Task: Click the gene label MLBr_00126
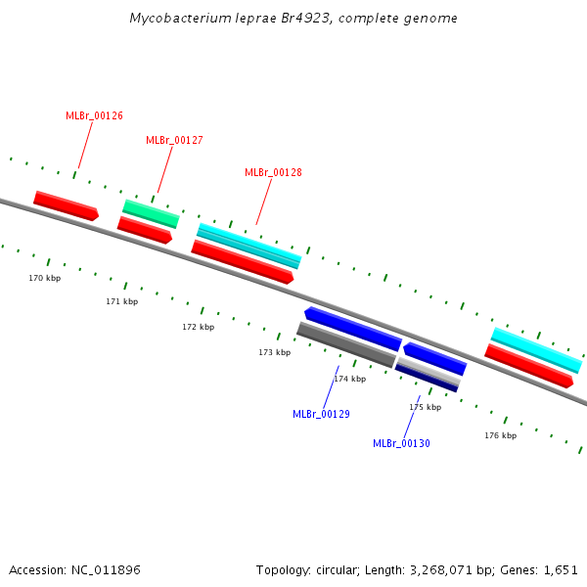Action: click(94, 115)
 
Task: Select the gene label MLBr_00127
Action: click(174, 140)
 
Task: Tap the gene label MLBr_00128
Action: click(273, 172)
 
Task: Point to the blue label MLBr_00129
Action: click(321, 414)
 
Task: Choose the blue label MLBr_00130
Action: click(401, 443)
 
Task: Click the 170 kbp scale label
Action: click(44, 279)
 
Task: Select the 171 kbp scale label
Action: click(122, 301)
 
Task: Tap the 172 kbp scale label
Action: click(198, 327)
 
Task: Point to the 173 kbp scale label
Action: click(275, 352)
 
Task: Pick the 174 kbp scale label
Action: click(350, 379)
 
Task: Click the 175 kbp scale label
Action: click(425, 407)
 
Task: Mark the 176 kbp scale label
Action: click(500, 435)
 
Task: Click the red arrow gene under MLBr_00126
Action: click(66, 205)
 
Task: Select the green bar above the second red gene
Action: click(151, 213)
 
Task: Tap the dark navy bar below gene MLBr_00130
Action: click(428, 380)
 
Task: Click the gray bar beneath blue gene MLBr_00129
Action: click(345, 345)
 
